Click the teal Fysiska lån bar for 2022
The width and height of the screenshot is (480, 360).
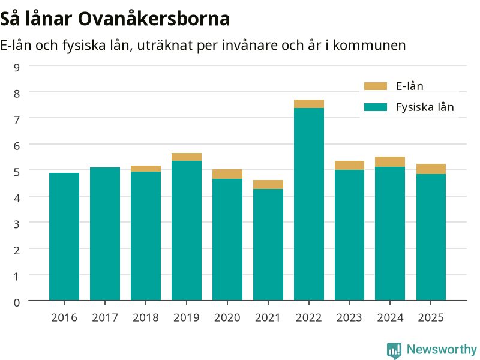tap(309, 204)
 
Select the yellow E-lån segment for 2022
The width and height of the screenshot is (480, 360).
tap(309, 104)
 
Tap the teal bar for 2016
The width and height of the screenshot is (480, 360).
tap(64, 236)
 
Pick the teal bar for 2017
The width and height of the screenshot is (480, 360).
tap(105, 234)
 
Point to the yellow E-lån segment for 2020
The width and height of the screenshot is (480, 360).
tap(227, 174)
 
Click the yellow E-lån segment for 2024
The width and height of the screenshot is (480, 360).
tap(390, 161)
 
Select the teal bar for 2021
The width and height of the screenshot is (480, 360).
tap(268, 245)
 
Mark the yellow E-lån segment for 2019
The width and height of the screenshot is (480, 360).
tap(187, 157)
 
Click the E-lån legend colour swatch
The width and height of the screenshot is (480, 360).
tap(376, 86)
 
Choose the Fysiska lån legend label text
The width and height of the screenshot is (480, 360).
tap(425, 107)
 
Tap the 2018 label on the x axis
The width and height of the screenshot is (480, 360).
tap(146, 318)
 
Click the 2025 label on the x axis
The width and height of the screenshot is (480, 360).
tap(431, 318)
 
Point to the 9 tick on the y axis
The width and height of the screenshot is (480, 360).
tap(17, 67)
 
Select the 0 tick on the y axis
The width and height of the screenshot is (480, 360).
tap(17, 303)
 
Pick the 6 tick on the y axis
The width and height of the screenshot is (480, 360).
tap(17, 146)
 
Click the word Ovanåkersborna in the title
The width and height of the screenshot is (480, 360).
tap(154, 19)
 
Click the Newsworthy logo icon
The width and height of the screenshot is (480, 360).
tap(394, 350)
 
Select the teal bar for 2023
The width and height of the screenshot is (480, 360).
tap(350, 235)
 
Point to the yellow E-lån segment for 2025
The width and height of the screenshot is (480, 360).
tap(431, 169)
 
